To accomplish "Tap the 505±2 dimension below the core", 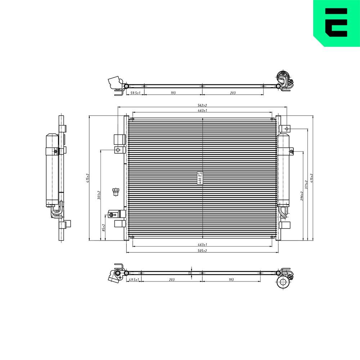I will [203, 251].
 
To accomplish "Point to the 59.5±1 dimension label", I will [135, 93].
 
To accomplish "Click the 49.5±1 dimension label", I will [134, 280].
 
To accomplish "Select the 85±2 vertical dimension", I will [103, 228].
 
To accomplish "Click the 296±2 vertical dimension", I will [302, 195].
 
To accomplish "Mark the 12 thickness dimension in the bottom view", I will [190, 273].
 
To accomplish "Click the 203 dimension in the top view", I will [233, 93].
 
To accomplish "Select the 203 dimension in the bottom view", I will [171, 280].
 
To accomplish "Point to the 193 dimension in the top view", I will [173, 93].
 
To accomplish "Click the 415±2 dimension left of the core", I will [87, 178].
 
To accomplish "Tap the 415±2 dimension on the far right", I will [312, 178].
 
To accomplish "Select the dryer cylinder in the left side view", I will [52, 171].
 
